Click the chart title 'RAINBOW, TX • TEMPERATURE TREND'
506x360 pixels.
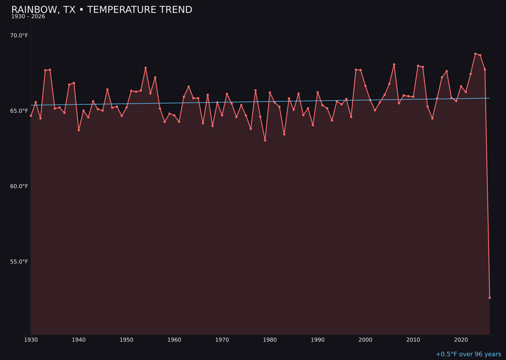(102, 10)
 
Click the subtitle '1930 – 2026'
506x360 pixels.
(28, 17)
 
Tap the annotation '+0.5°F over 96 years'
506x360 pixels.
(468, 354)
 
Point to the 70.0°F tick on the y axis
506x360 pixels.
(19, 36)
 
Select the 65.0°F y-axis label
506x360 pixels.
(19, 111)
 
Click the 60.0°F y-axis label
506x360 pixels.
(19, 186)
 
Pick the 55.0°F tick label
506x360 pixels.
(19, 262)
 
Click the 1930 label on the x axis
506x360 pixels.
(31, 340)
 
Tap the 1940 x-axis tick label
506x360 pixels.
(79, 340)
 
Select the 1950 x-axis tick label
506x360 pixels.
(126, 340)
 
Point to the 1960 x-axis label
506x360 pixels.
(174, 340)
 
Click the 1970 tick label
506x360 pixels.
(222, 340)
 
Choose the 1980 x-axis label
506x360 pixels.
(270, 340)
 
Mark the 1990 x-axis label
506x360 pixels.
(318, 340)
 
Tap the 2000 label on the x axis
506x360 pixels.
(365, 340)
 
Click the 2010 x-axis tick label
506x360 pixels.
(413, 340)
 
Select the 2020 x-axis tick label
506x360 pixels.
(461, 340)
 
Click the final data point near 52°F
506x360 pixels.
(490, 298)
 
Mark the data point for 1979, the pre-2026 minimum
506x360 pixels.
(265, 140)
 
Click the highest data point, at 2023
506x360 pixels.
(475, 54)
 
